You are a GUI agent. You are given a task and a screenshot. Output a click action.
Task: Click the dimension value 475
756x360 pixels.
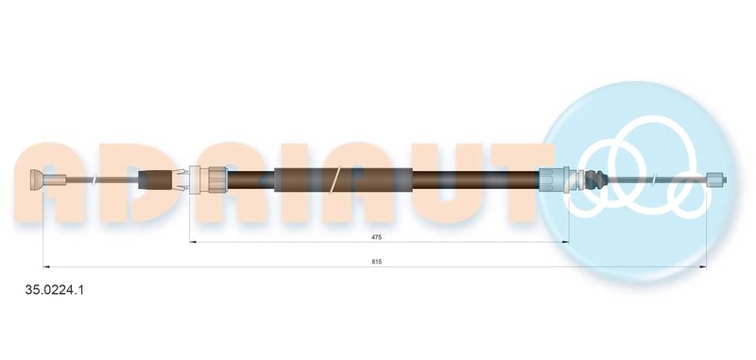[x=376, y=236]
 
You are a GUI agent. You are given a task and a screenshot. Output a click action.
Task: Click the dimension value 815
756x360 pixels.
[x=376, y=262]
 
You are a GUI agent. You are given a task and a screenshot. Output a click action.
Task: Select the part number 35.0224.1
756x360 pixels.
[x=55, y=290]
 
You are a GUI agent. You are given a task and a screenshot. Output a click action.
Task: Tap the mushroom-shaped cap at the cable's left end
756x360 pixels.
[x=37, y=180]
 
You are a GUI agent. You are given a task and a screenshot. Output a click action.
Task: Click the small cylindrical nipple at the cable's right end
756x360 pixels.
[x=716, y=180]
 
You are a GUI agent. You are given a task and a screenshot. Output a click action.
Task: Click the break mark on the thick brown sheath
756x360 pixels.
[x=336, y=180]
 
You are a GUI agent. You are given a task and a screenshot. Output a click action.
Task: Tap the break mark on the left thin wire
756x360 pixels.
[x=95, y=180]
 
